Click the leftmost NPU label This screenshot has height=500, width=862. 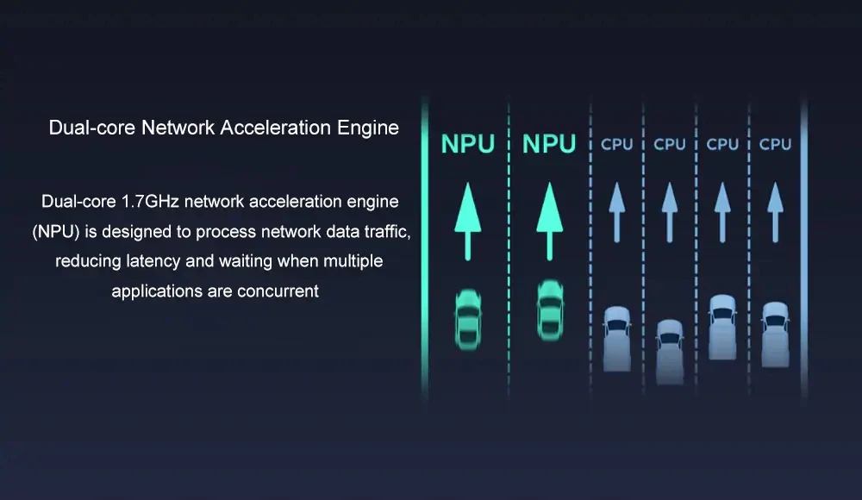click(468, 143)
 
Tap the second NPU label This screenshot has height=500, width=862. click(548, 143)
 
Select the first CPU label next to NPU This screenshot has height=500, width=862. click(616, 144)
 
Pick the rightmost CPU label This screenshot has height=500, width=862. click(775, 144)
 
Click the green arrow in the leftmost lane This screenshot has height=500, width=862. click(468, 221)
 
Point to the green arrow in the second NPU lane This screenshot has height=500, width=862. click(548, 221)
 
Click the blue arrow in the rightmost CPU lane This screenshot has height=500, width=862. click(775, 211)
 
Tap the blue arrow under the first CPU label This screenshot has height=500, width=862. click(616, 211)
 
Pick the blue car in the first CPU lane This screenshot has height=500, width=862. click(616, 338)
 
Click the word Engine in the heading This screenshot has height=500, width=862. click(367, 128)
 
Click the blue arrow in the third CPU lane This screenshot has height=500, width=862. click(722, 211)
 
